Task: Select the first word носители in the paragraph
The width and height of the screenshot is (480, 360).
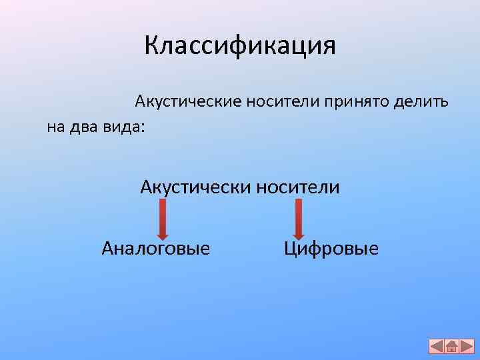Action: coord(283,103)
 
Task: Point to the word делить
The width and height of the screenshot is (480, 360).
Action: coord(421,103)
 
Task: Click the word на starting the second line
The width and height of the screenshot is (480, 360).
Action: coord(55,127)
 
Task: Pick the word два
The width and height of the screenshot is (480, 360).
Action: coord(83,127)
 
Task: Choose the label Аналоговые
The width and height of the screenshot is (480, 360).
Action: coord(155,249)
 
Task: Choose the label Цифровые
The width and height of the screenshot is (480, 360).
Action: coord(331,249)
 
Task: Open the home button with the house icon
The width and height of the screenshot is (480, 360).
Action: coord(451,346)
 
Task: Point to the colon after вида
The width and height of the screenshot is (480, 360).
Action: coord(141,128)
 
